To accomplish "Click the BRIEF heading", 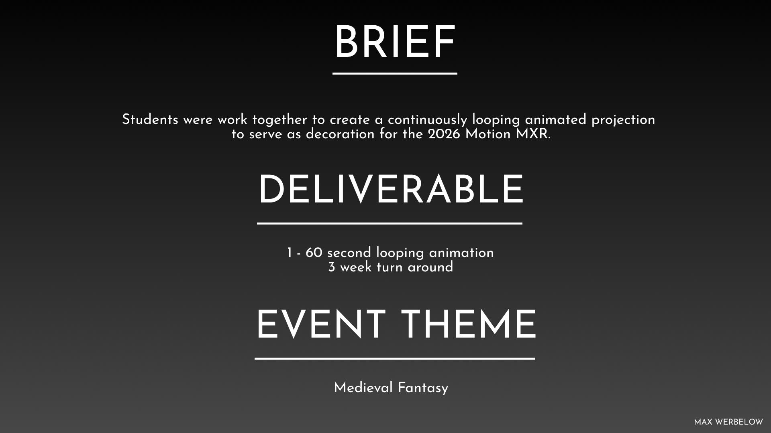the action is click(395, 42).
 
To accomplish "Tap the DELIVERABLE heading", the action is click(391, 190).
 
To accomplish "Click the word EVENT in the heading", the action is click(320, 325).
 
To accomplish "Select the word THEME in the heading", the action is click(469, 325).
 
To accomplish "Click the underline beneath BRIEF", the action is click(395, 73).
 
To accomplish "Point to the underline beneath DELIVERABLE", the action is click(390, 223).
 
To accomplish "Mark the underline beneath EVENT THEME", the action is click(395, 358).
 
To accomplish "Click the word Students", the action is click(150, 119).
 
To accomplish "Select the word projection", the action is click(623, 120).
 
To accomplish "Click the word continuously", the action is click(428, 120).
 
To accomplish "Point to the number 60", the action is click(314, 253).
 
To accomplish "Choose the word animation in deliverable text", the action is click(461, 253).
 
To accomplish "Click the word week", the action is click(356, 267).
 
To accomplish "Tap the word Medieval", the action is click(363, 388).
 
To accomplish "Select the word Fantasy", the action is click(423, 388).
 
